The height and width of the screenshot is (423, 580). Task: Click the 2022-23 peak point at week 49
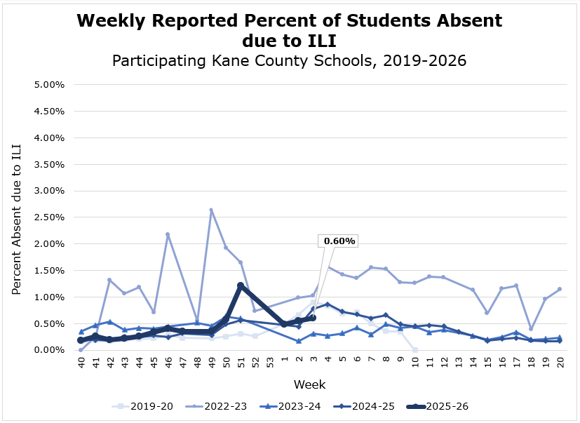[211, 210]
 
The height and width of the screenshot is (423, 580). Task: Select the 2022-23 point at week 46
[168, 234]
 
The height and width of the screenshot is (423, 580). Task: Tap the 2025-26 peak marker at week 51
[241, 286]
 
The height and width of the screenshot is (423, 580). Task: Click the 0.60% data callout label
[339, 241]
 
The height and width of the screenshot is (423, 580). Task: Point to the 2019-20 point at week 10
[415, 349]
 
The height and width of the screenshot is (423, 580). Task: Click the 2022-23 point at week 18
[531, 328]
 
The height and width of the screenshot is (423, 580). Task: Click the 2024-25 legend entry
[368, 406]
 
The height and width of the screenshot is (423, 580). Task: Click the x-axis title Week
[309, 384]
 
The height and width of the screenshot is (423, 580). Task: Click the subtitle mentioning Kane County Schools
[290, 61]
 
